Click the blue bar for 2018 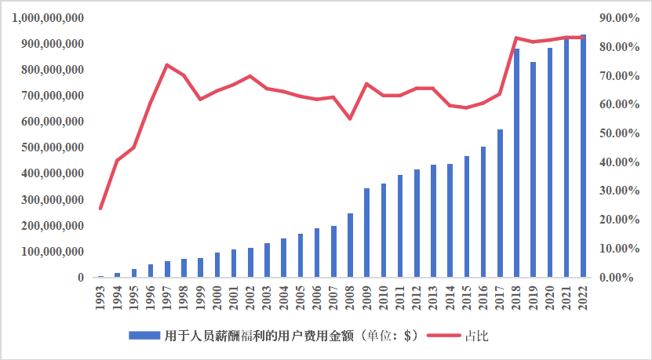click(x=517, y=163)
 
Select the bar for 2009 click(x=366, y=233)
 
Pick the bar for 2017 click(x=500, y=203)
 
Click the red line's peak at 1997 click(x=167, y=65)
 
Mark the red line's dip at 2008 click(x=350, y=118)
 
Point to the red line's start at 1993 click(x=100, y=209)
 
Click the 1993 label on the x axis click(x=100, y=296)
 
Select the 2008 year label click(x=350, y=296)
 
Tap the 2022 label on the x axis click(x=584, y=296)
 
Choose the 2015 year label click(x=467, y=296)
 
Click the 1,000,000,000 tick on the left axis click(x=49, y=18)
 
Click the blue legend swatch click(x=144, y=336)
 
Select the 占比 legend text click(x=476, y=336)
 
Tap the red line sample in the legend click(x=444, y=336)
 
